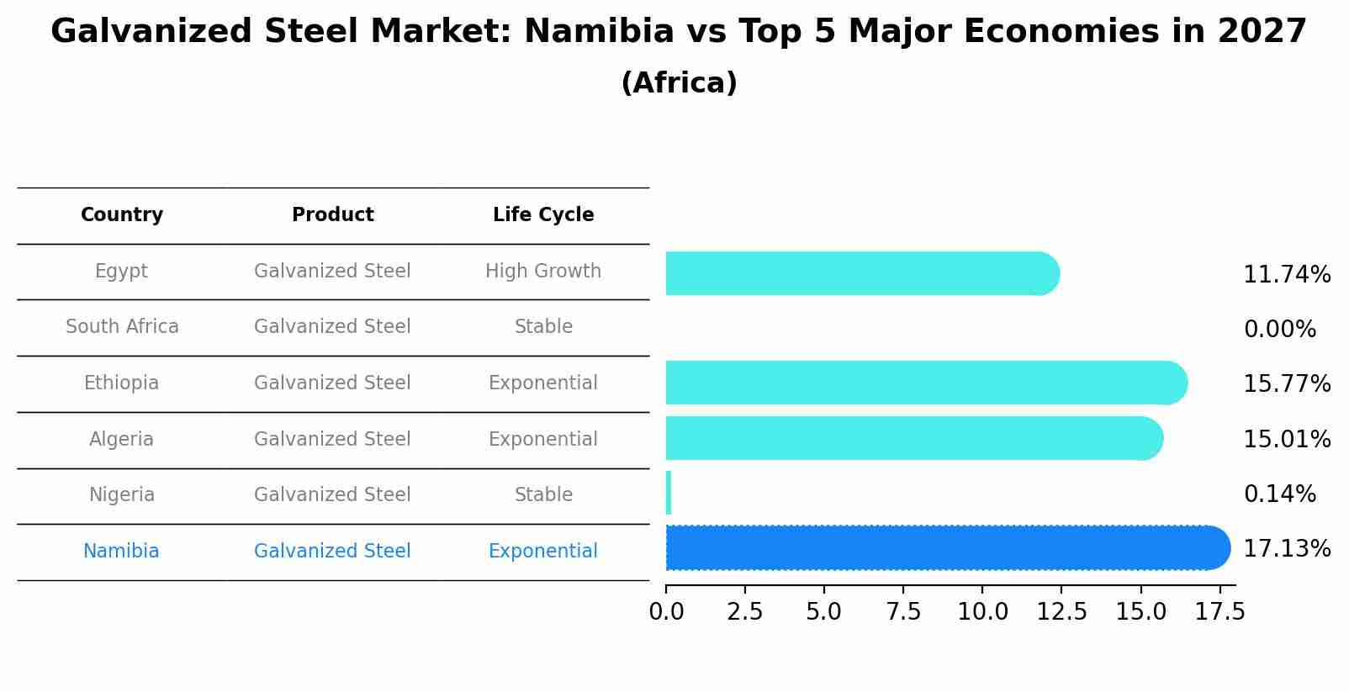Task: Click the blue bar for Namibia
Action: tap(946, 548)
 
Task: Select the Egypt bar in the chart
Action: tap(862, 273)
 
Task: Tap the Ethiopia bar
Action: tap(925, 383)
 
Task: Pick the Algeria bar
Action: tap(913, 438)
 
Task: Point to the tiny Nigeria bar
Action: tap(669, 493)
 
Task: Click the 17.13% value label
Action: tap(1287, 549)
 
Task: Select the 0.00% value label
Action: tap(1279, 330)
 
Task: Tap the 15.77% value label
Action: tap(1287, 384)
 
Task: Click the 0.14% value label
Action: tap(1279, 494)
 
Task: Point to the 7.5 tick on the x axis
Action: tap(903, 612)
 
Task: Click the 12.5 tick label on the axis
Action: tap(1061, 612)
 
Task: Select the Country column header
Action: tap(122, 215)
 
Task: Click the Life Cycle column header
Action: tap(543, 215)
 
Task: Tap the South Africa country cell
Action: tap(122, 327)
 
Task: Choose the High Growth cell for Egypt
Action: tap(543, 272)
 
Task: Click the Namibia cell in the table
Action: tap(121, 552)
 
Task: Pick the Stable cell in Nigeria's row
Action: tap(543, 495)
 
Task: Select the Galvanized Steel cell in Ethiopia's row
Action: tap(332, 383)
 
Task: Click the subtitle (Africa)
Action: tap(679, 83)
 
